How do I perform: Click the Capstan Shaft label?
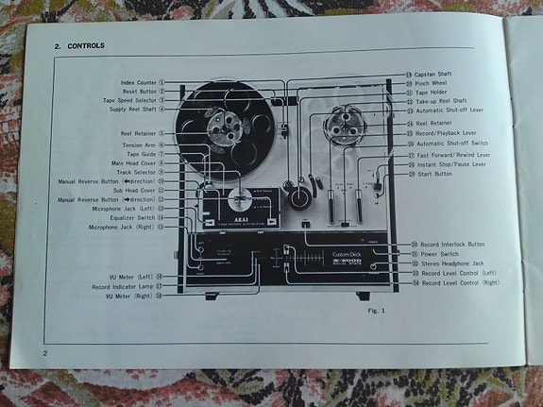tap(437, 74)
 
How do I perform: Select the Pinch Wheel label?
tap(433, 83)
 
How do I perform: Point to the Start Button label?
tap(434, 174)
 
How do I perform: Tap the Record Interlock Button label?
tap(453, 245)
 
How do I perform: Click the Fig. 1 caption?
tap(375, 309)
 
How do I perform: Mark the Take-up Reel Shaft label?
tap(443, 101)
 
